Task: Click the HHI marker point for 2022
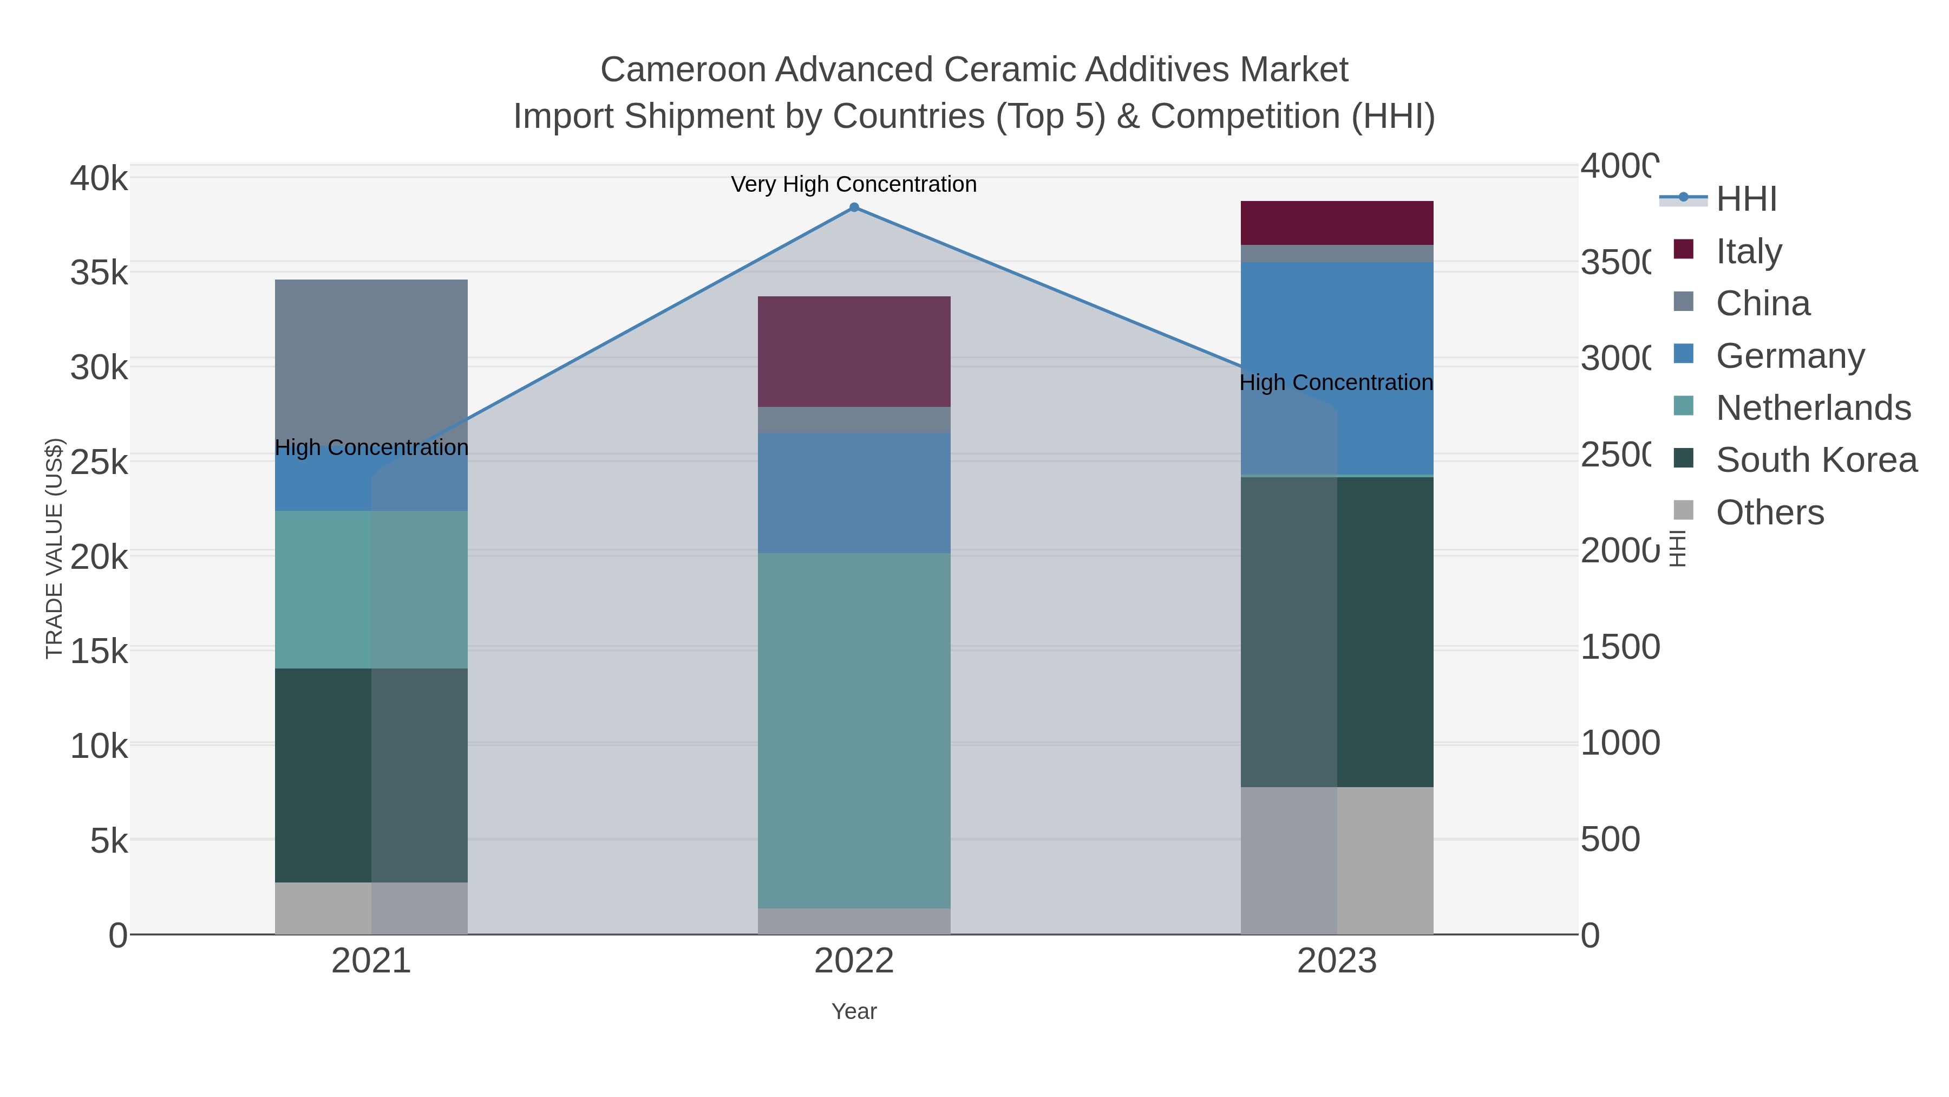[854, 207]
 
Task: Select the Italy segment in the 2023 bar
[1337, 223]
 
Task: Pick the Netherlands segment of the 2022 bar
[854, 731]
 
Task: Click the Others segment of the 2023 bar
[1337, 861]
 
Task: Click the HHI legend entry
[1746, 199]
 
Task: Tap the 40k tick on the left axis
[99, 179]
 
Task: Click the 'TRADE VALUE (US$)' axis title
[55, 548]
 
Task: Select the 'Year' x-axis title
[854, 1011]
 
